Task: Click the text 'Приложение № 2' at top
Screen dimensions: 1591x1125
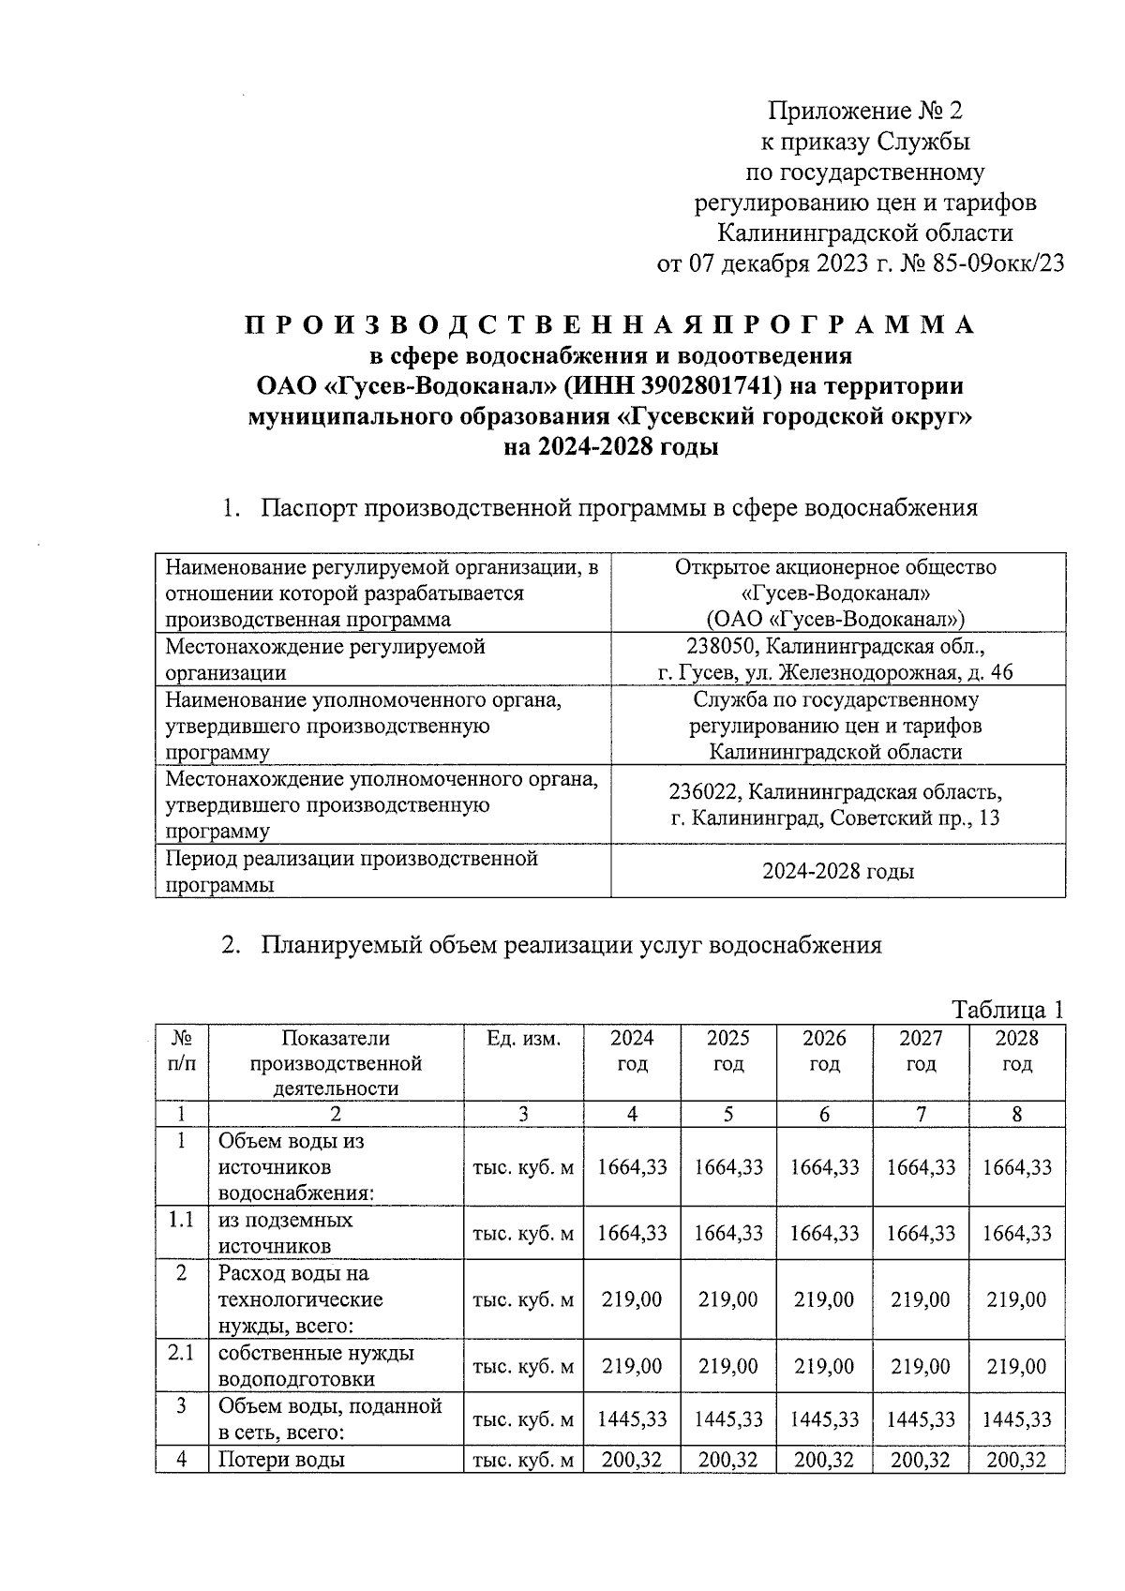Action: coord(865,112)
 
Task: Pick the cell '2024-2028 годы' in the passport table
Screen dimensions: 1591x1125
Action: coord(837,871)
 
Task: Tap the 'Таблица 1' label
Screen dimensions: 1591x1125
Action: coord(1008,1010)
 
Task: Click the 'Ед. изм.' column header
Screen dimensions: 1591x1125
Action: coord(523,1039)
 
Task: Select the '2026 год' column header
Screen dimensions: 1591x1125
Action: coord(824,1051)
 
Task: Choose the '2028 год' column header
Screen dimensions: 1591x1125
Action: coord(1017,1051)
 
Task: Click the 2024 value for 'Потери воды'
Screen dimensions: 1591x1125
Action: coord(632,1460)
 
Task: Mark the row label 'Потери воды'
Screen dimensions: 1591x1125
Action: coord(281,1460)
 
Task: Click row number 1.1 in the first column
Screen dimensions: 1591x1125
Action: coord(181,1220)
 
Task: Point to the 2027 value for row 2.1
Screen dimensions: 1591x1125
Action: coord(921,1366)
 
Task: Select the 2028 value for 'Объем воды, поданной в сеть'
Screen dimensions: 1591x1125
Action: coord(1017,1419)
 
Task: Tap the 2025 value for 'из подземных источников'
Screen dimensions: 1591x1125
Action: coord(728,1233)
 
